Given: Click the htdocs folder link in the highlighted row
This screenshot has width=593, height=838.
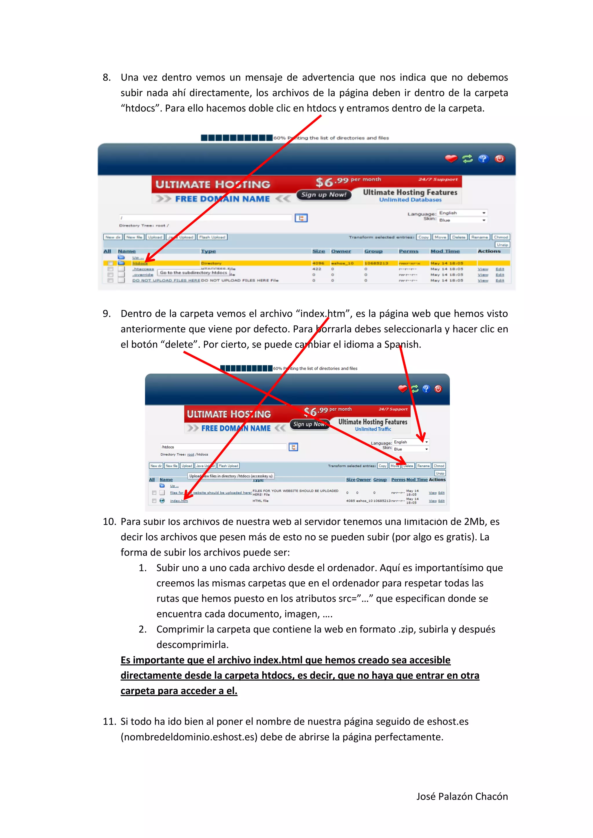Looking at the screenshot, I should [x=140, y=263].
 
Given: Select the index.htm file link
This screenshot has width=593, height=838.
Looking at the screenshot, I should [x=179, y=501].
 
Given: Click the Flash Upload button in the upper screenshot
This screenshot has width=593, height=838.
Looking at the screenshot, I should [x=212, y=237].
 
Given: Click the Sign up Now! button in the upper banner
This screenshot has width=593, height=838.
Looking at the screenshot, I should [x=323, y=195].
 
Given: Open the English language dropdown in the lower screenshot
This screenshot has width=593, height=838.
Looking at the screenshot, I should [x=410, y=442].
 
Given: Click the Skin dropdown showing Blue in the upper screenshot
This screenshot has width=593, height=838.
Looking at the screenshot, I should [x=462, y=220].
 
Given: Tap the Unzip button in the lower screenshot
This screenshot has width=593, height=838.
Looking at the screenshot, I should [x=440, y=473].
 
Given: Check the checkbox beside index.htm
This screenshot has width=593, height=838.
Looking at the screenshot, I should [x=154, y=501].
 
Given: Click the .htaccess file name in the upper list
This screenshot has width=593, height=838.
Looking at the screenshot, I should [x=143, y=269].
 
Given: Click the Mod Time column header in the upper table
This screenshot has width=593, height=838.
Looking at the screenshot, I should [x=445, y=251].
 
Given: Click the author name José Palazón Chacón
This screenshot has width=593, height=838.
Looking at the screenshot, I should [x=462, y=796].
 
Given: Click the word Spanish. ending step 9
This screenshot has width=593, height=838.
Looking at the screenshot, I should [x=402, y=345].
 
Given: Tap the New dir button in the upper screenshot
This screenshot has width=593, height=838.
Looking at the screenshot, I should [x=112, y=237].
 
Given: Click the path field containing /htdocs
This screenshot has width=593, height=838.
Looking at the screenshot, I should [x=224, y=447].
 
